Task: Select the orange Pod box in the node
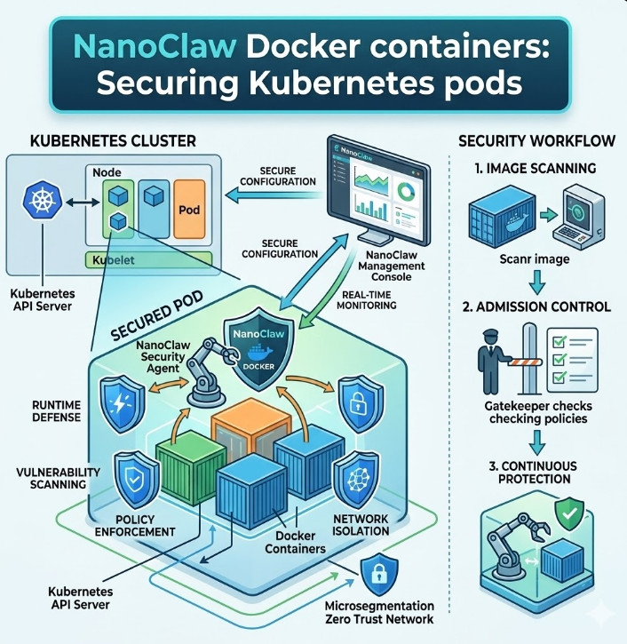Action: (189, 211)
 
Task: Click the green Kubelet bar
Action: (147, 259)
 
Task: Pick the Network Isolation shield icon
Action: (360, 481)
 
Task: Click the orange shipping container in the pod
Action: (249, 432)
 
